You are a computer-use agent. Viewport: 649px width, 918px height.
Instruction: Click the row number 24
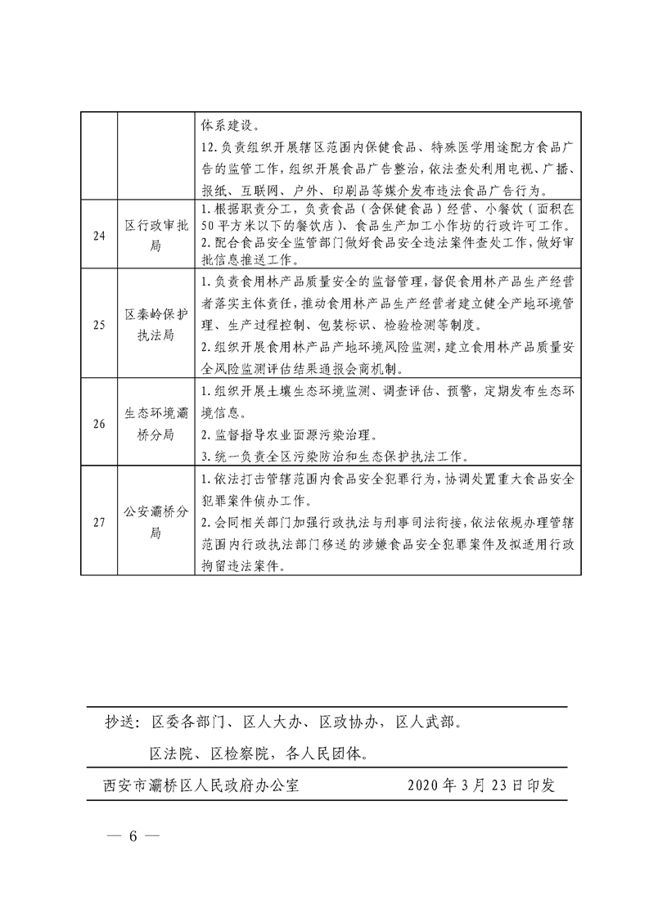click(x=99, y=236)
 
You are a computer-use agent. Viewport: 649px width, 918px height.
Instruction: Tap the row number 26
click(x=99, y=424)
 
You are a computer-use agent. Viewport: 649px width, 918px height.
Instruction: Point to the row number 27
click(x=99, y=523)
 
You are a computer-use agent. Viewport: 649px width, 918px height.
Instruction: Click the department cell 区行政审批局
click(x=155, y=236)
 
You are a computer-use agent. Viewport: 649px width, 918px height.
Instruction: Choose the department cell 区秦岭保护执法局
click(x=155, y=325)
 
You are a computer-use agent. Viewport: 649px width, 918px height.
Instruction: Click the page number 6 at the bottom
click(x=132, y=838)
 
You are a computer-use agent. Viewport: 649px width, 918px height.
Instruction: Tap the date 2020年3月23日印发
click(x=482, y=786)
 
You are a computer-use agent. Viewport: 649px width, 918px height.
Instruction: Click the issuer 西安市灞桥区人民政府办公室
click(x=201, y=786)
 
